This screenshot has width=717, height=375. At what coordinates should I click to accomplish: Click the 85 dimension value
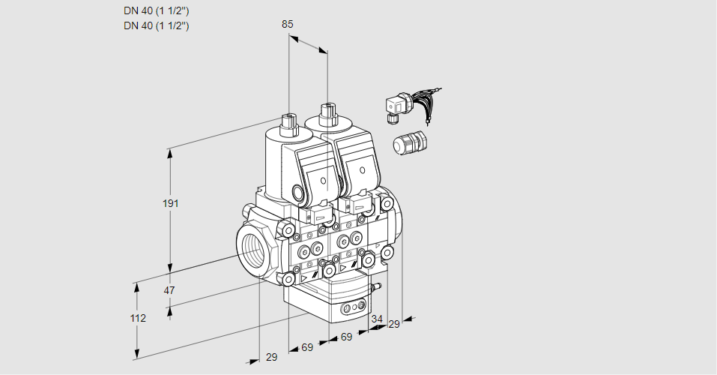coord(287,24)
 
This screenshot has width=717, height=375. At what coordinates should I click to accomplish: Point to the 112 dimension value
coord(137,318)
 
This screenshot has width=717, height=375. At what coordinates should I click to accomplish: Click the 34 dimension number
coord(376,319)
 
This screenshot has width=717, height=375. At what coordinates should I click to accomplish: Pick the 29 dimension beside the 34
coord(394,324)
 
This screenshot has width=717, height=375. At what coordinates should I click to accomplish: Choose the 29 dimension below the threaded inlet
coord(271,357)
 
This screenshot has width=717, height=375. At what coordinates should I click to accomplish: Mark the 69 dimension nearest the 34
coord(346,337)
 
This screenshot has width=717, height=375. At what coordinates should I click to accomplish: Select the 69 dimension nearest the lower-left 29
coord(307,347)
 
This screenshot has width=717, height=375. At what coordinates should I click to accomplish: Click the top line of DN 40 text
coord(156,10)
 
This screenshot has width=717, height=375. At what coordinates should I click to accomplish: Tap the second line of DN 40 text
coord(156,25)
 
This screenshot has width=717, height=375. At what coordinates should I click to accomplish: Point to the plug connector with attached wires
coord(396,108)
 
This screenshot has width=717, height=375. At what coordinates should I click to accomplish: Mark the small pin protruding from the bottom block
coord(377,286)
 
